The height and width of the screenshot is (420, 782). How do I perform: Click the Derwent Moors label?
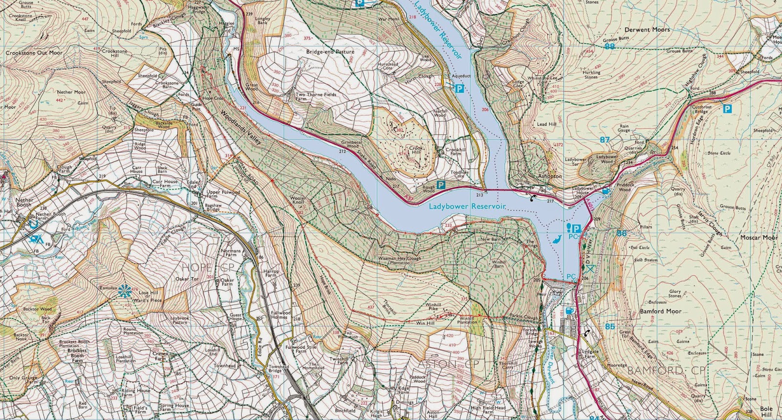click(x=647, y=30)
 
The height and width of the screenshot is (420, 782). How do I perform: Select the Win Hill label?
click(x=425, y=323)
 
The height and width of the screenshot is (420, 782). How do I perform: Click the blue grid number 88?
click(x=609, y=46)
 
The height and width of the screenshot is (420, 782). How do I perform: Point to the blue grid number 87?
click(x=605, y=140)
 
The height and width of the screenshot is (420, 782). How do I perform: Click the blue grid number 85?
click(x=609, y=326)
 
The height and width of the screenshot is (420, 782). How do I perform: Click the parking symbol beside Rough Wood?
click(x=441, y=185)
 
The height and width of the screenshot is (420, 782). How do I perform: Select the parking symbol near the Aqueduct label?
click(x=459, y=88)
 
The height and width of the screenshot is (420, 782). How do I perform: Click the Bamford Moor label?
click(x=660, y=311)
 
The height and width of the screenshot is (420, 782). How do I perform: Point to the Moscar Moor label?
click(x=759, y=238)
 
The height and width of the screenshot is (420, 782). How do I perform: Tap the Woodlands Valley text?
click(x=240, y=127)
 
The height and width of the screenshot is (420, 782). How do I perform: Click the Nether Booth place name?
click(x=24, y=202)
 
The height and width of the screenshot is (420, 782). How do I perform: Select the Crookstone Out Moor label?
click(x=34, y=53)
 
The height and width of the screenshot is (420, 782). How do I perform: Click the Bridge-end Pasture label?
click(x=330, y=52)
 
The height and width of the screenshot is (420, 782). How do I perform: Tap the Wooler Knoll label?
click(x=298, y=200)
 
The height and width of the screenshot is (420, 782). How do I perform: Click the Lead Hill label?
click(x=546, y=124)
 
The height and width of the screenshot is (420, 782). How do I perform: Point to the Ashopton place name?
click(x=550, y=176)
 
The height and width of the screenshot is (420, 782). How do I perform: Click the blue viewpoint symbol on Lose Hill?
click(x=125, y=290)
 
